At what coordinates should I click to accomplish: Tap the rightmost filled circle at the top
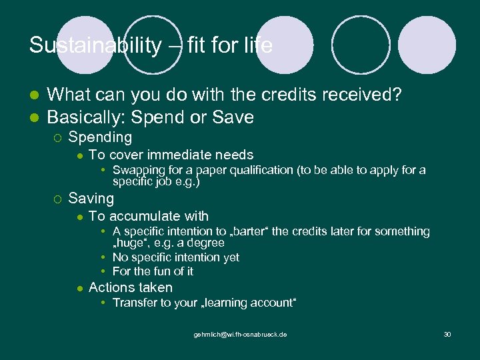(x=427, y=45)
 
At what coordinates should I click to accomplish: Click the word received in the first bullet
(x=359, y=95)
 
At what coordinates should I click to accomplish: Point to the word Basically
(x=85, y=117)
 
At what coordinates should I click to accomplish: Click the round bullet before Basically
(x=35, y=117)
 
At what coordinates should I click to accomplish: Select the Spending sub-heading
(x=100, y=137)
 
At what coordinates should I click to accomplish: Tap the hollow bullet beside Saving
(x=57, y=199)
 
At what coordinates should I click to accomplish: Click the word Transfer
(x=134, y=303)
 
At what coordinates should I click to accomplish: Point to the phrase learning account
(x=249, y=303)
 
